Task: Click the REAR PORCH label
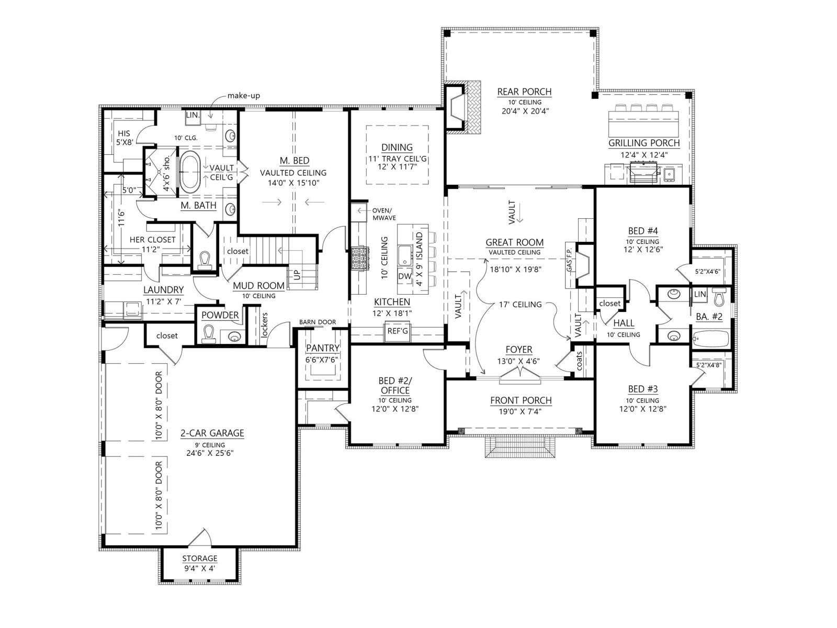click(524, 92)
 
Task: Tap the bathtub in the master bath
click(189, 171)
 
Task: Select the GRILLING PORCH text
click(644, 143)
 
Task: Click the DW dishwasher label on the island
click(404, 276)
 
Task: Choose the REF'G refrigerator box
click(398, 330)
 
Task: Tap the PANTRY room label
click(323, 347)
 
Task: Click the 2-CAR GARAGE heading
click(212, 433)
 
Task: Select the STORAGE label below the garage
click(200, 558)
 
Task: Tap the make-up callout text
click(244, 96)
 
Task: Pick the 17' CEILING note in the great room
click(520, 304)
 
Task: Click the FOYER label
click(519, 350)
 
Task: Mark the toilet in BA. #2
click(719, 297)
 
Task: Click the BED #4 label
click(643, 231)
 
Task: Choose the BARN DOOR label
click(318, 322)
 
